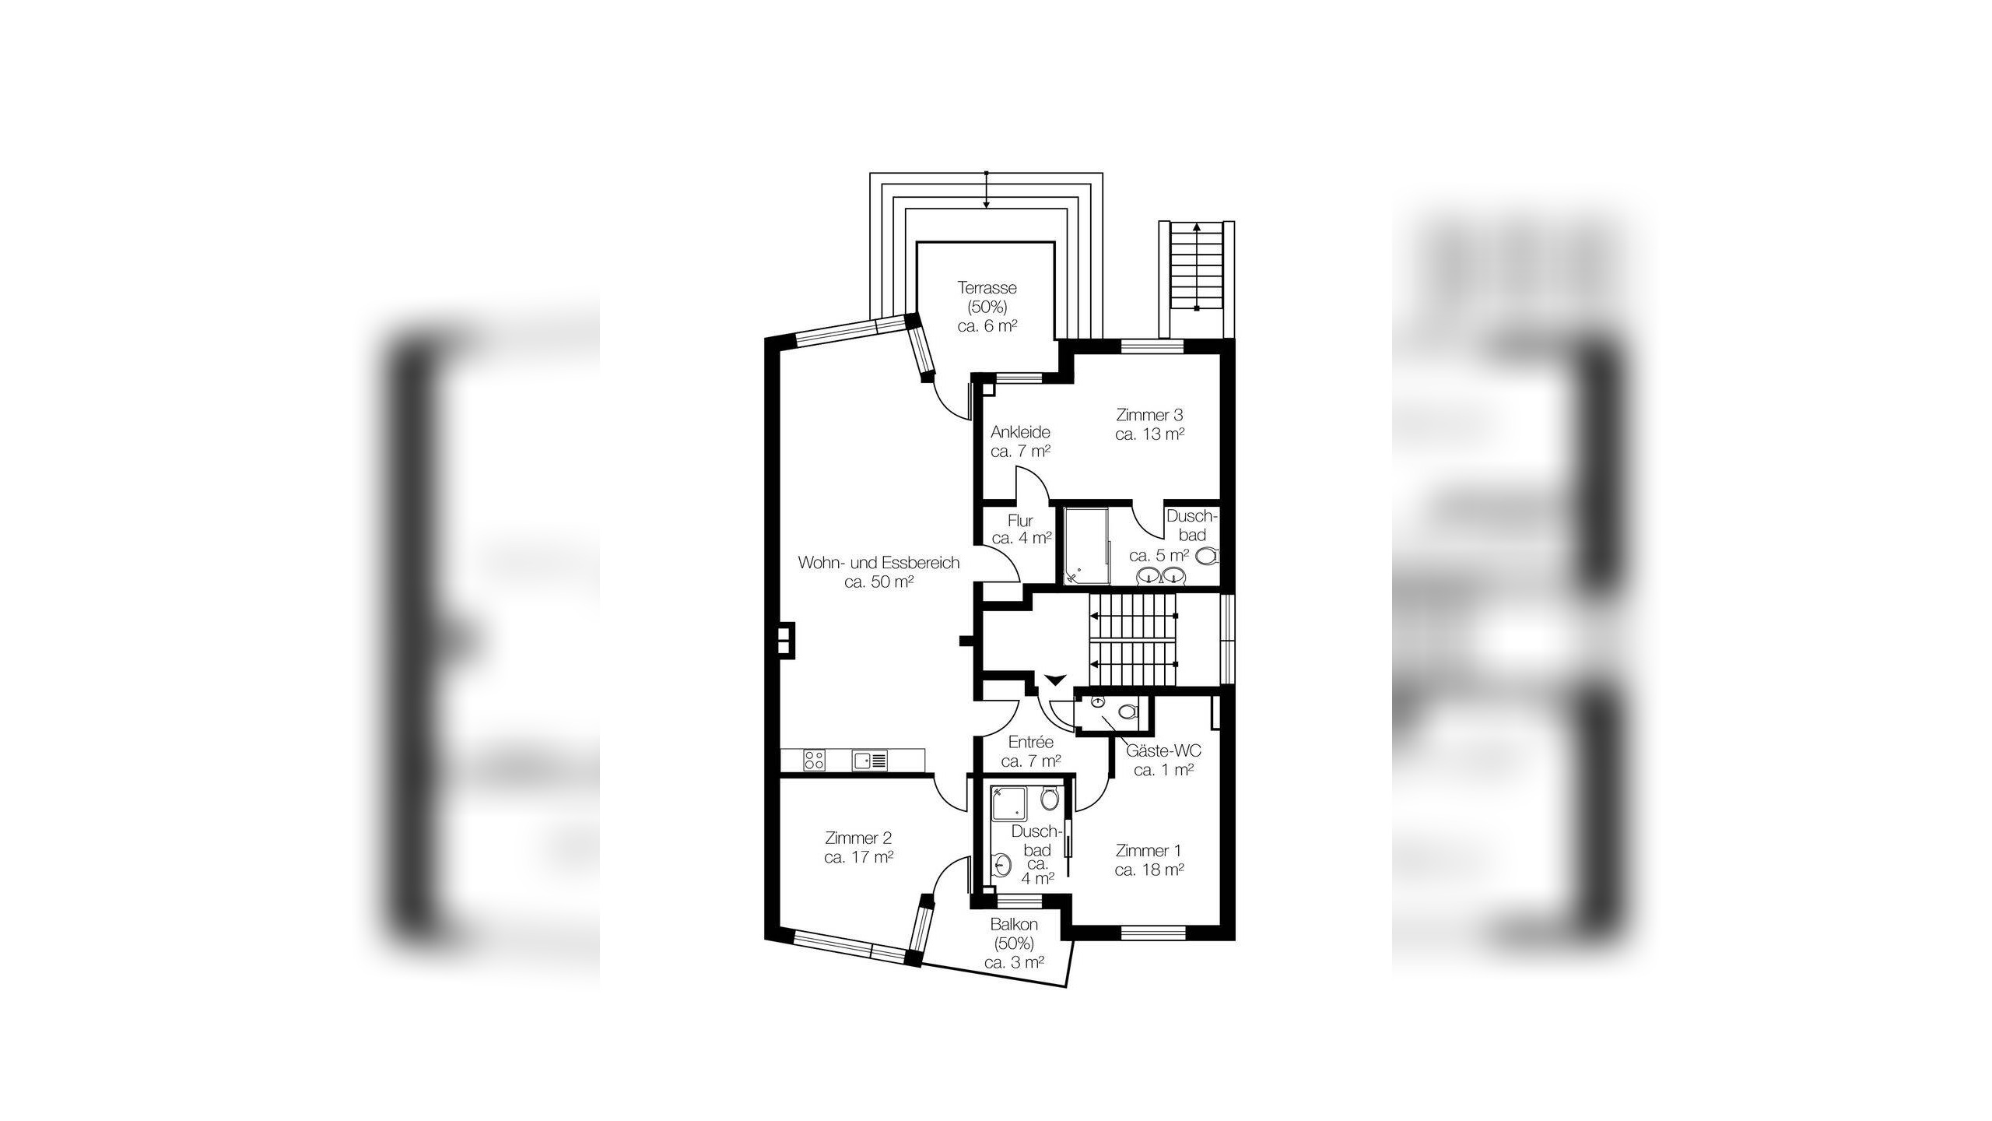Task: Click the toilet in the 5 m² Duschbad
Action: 1208,556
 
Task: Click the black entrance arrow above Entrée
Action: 1054,680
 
